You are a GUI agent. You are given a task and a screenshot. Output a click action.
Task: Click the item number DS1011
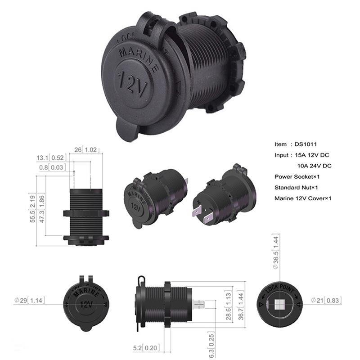click(x=306, y=144)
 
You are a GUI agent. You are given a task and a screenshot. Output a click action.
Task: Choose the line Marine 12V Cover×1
click(x=302, y=198)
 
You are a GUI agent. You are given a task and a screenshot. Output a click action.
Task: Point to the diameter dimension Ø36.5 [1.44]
click(x=276, y=251)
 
